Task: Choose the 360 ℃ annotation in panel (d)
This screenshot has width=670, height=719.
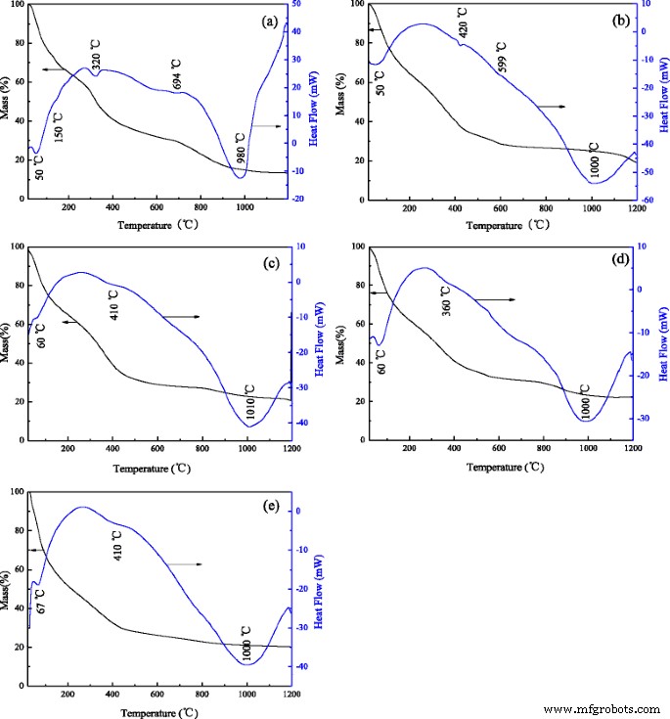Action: (445, 299)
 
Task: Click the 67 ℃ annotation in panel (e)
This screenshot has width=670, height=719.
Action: (41, 601)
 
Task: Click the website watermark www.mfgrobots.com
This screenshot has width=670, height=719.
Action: (601, 708)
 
